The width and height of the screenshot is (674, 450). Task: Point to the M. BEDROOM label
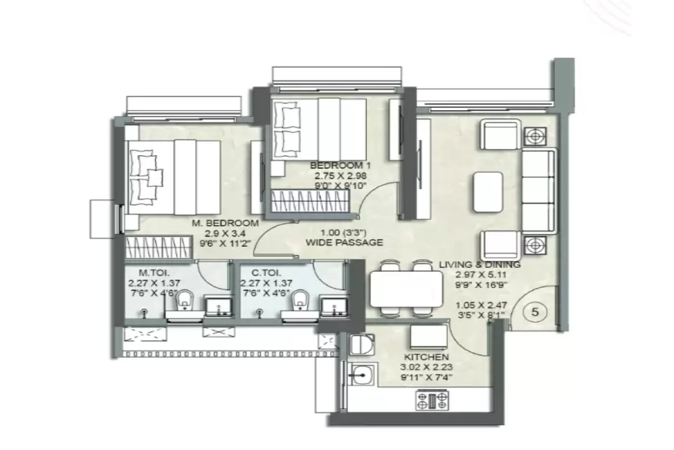coord(225,223)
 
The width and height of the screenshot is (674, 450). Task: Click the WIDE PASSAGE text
coord(344,243)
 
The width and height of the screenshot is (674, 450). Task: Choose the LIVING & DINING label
coord(480,264)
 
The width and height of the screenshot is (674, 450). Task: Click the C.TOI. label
coord(253,271)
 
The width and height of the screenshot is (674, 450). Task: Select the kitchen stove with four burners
coord(432,400)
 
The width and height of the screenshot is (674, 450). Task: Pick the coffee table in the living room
coord(488,192)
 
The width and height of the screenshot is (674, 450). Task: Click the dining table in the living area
coord(407,288)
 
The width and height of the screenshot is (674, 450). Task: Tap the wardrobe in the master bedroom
coord(160,247)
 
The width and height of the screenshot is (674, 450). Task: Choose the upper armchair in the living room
coord(499,134)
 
